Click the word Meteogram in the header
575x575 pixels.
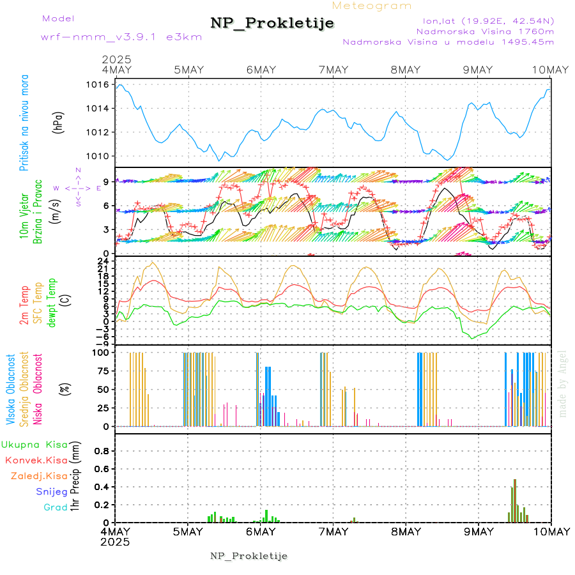tap(372, 6)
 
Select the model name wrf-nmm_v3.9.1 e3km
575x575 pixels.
tap(121, 37)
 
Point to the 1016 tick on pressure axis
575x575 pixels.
tap(97, 84)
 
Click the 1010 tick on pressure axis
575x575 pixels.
tap(97, 157)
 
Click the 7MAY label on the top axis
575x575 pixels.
tap(333, 70)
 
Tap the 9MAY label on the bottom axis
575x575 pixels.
tap(478, 532)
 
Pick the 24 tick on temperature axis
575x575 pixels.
tap(102, 261)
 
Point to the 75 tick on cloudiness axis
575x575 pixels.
tap(100, 371)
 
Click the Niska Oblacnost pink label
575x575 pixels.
tap(38, 389)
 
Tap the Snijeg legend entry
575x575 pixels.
tap(51, 491)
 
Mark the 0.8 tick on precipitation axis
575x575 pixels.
tap(100, 450)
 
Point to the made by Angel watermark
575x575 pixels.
tap(563, 383)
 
